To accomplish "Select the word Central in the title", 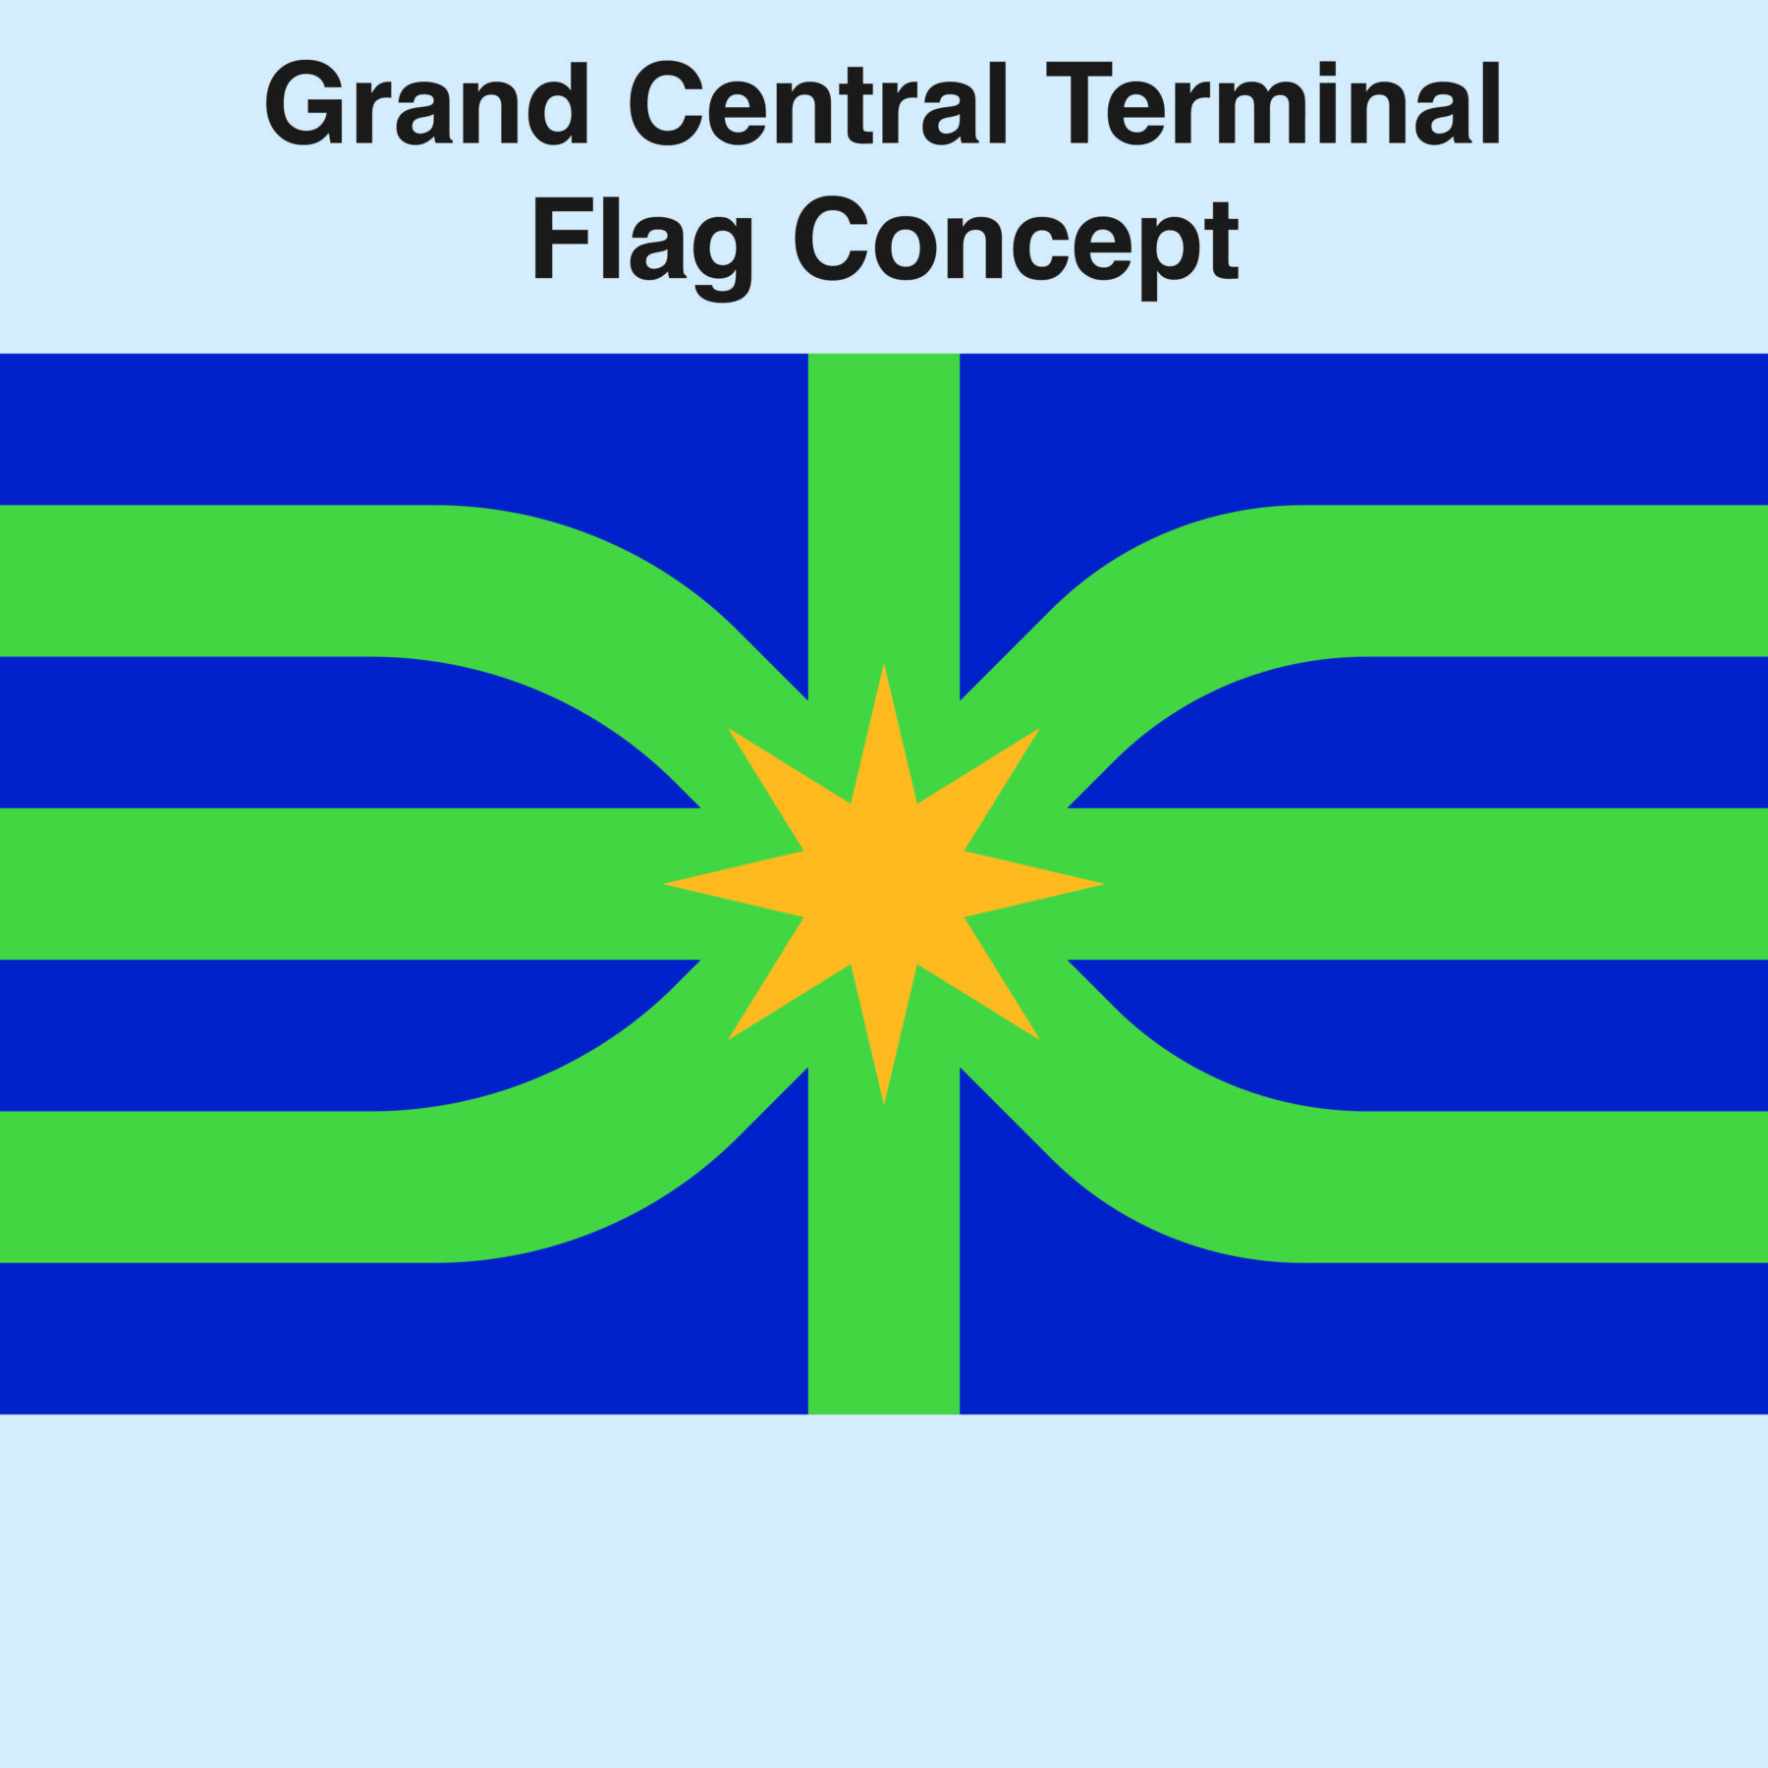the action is [x=819, y=103].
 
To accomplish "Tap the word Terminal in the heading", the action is [x=1274, y=103].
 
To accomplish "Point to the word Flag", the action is [x=643, y=246].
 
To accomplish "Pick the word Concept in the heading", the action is [x=1017, y=246].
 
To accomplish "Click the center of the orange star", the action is [x=884, y=884].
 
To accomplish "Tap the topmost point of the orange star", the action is [x=884, y=666].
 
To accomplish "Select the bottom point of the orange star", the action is [x=884, y=1102].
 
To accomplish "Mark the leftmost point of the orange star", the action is [x=666, y=884].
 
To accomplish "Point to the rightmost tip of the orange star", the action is [x=1102, y=884].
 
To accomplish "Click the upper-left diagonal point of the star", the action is [x=730, y=730].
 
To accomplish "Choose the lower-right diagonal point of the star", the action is [x=1038, y=1038].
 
